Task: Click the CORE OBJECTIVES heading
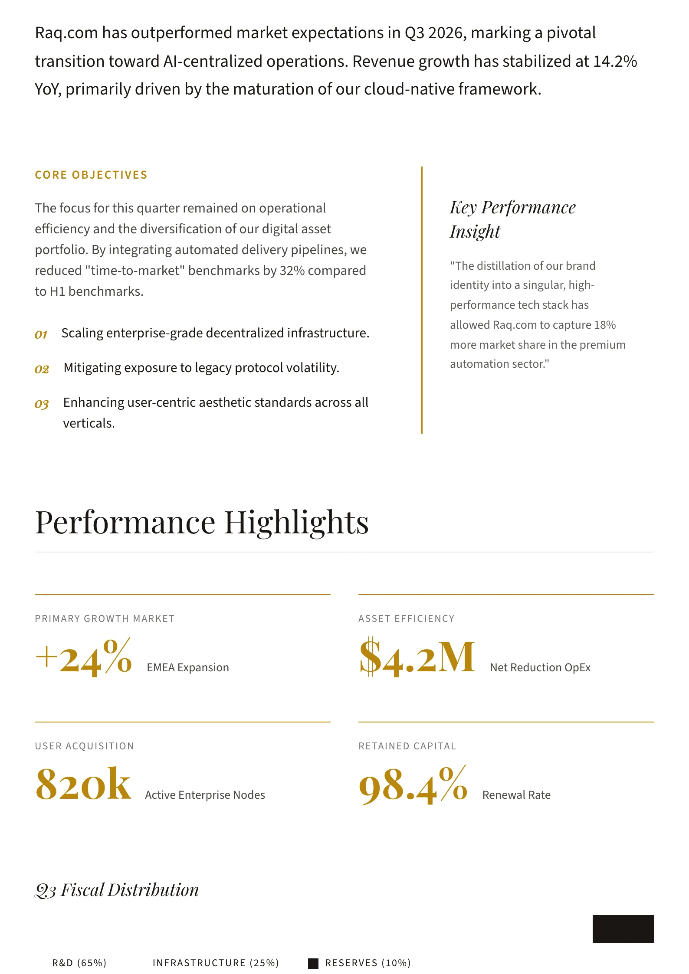pos(91,175)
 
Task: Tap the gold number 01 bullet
pos(41,334)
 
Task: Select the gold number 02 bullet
pos(42,369)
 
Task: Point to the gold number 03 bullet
pos(42,404)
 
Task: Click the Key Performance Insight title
pos(512,219)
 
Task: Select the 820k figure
pos(83,784)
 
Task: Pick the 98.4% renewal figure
pos(413,785)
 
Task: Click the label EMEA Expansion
pos(187,667)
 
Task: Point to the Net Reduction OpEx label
pos(540,667)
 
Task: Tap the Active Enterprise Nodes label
pos(205,795)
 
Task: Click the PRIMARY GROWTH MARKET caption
pos(105,618)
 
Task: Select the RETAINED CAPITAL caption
pos(407,746)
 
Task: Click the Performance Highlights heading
pos(202,523)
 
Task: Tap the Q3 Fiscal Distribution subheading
pos(117,889)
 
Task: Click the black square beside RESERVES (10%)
pos(313,963)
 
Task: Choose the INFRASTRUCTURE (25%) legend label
pos(216,963)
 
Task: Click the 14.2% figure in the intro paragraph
pos(615,62)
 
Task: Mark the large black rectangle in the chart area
pos(623,928)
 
